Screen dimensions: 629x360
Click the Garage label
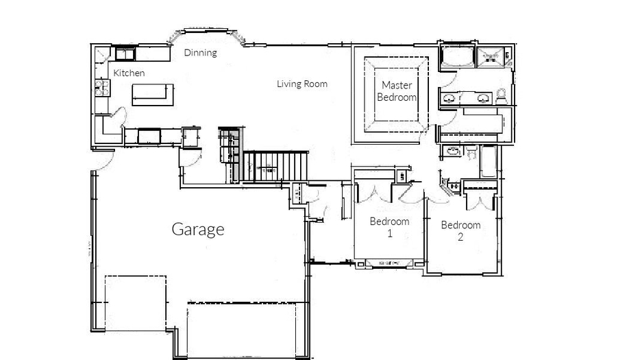(x=198, y=230)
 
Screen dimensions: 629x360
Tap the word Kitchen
(x=129, y=73)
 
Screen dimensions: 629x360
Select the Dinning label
(x=201, y=53)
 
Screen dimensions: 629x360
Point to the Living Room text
(x=302, y=84)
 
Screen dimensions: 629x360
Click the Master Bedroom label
(x=397, y=91)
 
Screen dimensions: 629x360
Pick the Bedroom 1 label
(x=389, y=227)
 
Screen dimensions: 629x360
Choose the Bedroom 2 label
(x=460, y=231)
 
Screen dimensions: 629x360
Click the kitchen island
(x=153, y=95)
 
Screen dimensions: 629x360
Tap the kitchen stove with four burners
(x=102, y=88)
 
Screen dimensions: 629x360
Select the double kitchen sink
(x=125, y=54)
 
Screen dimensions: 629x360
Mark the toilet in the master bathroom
(x=502, y=97)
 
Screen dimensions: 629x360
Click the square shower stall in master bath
(x=490, y=58)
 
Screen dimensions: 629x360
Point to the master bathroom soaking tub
(x=458, y=57)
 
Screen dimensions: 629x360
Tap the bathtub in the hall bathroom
(x=489, y=162)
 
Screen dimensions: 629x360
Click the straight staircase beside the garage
(x=275, y=166)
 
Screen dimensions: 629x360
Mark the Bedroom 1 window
(x=389, y=263)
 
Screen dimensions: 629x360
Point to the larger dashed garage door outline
(x=242, y=330)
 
